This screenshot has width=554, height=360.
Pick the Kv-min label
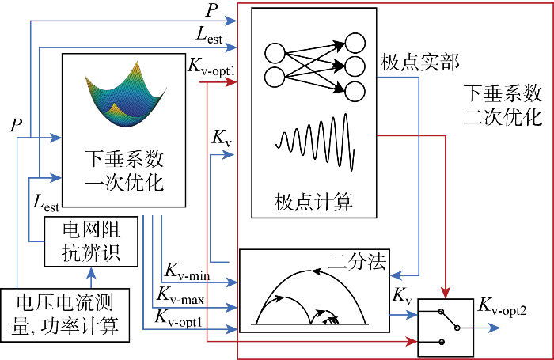(186, 271)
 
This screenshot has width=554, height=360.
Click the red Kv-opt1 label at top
(211, 69)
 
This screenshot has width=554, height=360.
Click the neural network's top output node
(355, 44)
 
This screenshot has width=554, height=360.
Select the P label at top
(211, 11)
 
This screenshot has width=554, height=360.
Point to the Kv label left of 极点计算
(222, 137)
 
